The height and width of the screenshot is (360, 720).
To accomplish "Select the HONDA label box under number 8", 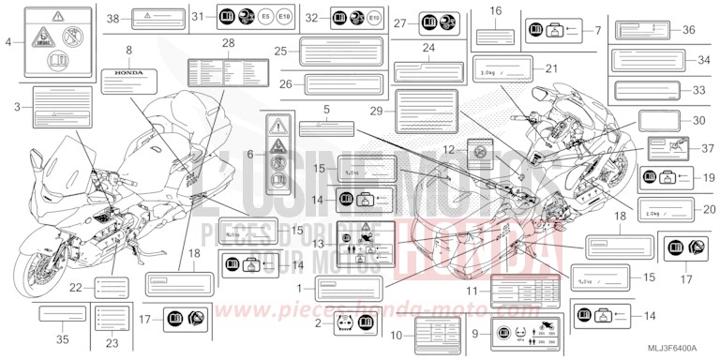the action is tap(129, 72).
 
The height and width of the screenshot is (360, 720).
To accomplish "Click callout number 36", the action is tap(689, 30).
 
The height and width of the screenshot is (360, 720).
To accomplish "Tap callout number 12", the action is tap(450, 148).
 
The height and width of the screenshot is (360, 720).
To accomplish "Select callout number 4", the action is tap(8, 42).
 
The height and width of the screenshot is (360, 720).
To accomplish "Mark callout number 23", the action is tap(112, 343).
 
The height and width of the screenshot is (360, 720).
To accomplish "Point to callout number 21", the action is tap(552, 68).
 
